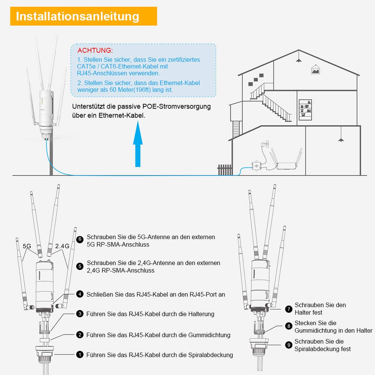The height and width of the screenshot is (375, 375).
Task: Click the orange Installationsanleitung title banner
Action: (x=83, y=16)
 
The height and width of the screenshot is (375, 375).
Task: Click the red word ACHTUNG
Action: (x=95, y=50)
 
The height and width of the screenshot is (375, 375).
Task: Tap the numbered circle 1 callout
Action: (x=80, y=354)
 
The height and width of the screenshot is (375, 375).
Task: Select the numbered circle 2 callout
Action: (x=80, y=335)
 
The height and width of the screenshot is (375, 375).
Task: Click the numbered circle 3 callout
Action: (x=80, y=314)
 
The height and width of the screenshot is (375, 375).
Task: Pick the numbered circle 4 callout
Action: (x=80, y=294)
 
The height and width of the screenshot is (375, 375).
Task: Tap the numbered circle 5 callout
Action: (x=80, y=266)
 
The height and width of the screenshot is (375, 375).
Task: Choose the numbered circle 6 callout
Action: (x=80, y=239)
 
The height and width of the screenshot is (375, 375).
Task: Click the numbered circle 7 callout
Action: (x=289, y=309)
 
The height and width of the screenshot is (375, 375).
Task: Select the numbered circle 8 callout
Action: (x=289, y=326)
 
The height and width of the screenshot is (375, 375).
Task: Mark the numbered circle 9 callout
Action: (x=289, y=345)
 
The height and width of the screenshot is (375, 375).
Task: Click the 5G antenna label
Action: (x=27, y=246)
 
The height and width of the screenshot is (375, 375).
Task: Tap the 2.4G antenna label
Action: (x=62, y=246)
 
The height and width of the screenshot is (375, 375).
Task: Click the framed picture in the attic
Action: (x=315, y=70)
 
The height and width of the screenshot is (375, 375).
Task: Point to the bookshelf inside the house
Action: (x=305, y=110)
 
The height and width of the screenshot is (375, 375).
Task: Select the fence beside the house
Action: (x=224, y=170)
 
